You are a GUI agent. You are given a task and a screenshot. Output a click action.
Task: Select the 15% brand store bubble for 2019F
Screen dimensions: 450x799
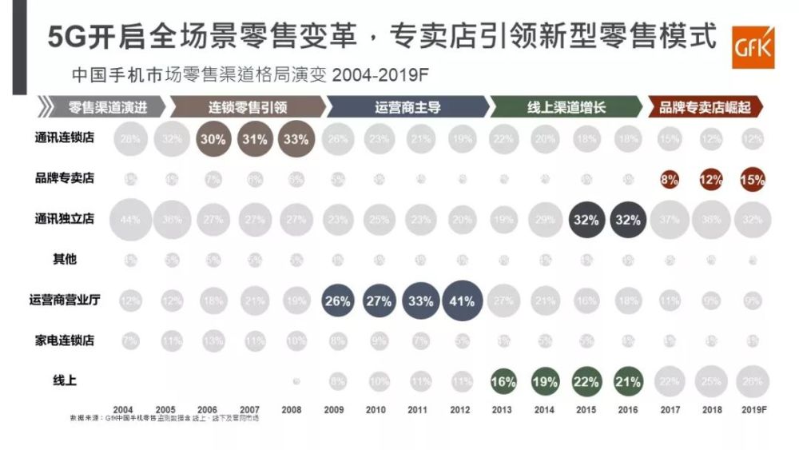pos(752,180)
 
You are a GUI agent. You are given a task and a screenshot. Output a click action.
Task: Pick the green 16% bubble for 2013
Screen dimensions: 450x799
pos(503,382)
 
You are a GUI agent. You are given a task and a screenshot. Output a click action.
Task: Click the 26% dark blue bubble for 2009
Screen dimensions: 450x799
pos(337,301)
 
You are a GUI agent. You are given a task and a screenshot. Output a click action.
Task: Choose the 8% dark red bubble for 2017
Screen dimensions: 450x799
pos(670,180)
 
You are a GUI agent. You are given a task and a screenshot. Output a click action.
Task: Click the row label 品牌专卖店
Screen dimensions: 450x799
pos(70,178)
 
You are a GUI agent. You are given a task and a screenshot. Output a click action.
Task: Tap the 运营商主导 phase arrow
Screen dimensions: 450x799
pos(407,107)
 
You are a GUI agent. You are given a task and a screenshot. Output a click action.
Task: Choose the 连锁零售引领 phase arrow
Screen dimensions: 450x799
pos(248,107)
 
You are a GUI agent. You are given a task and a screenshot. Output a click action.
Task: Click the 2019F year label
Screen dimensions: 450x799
pos(751,409)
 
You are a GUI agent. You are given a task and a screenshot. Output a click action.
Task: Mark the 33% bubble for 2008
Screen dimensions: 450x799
pos(296,138)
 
